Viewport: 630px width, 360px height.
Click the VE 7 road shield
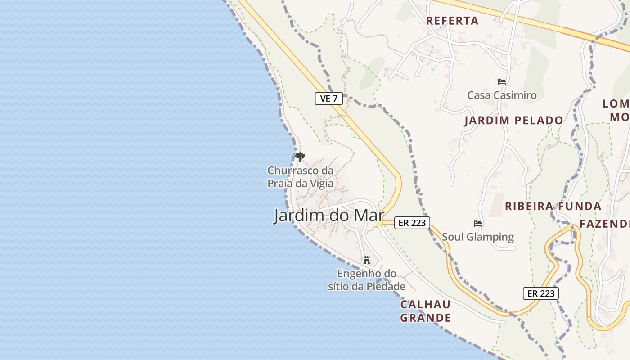click(x=329, y=99)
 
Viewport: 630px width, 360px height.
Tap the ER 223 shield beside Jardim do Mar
click(x=412, y=222)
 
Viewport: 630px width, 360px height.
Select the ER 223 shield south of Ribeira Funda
click(x=540, y=293)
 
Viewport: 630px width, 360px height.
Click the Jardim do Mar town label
click(x=329, y=216)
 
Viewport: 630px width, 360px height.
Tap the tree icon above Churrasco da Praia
click(x=300, y=157)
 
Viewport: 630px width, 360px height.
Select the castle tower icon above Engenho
click(x=367, y=260)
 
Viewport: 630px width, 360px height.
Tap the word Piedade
click(x=386, y=286)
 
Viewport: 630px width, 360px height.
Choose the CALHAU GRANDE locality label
click(x=425, y=311)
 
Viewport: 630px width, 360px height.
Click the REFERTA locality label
click(x=452, y=21)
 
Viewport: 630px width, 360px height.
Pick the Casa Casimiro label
click(x=502, y=95)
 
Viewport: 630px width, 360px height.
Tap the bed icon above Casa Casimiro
click(x=502, y=82)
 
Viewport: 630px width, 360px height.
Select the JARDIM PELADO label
click(x=513, y=121)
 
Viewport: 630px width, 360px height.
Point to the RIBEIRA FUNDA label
click(x=553, y=207)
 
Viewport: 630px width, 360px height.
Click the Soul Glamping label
click(x=477, y=237)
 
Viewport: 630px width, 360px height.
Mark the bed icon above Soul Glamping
click(x=477, y=223)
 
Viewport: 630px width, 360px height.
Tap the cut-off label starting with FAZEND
click(x=604, y=224)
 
